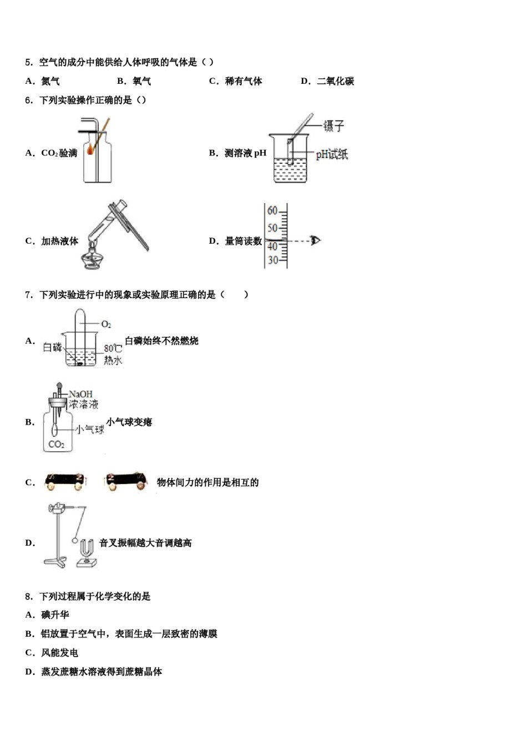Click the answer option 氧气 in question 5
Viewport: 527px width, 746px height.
[141, 81]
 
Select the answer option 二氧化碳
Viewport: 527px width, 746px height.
[335, 81]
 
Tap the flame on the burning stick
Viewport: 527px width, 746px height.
[90, 149]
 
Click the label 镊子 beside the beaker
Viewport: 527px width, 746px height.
[334, 126]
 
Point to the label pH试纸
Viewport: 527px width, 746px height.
[332, 154]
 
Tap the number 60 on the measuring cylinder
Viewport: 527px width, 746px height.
[272, 210]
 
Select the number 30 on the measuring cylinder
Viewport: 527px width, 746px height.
[272, 260]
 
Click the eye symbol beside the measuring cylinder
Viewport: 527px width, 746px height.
[316, 240]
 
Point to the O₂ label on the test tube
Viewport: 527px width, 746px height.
[106, 324]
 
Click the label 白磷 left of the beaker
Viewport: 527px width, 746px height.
[53, 347]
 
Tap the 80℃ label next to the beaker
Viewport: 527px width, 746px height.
[113, 349]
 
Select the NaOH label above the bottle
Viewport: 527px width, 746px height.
[80, 394]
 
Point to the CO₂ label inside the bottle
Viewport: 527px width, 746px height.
[56, 444]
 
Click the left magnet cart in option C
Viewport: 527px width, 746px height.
[66, 481]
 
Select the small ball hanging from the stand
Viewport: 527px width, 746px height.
[75, 540]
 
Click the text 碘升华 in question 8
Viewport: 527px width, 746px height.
[55, 615]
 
